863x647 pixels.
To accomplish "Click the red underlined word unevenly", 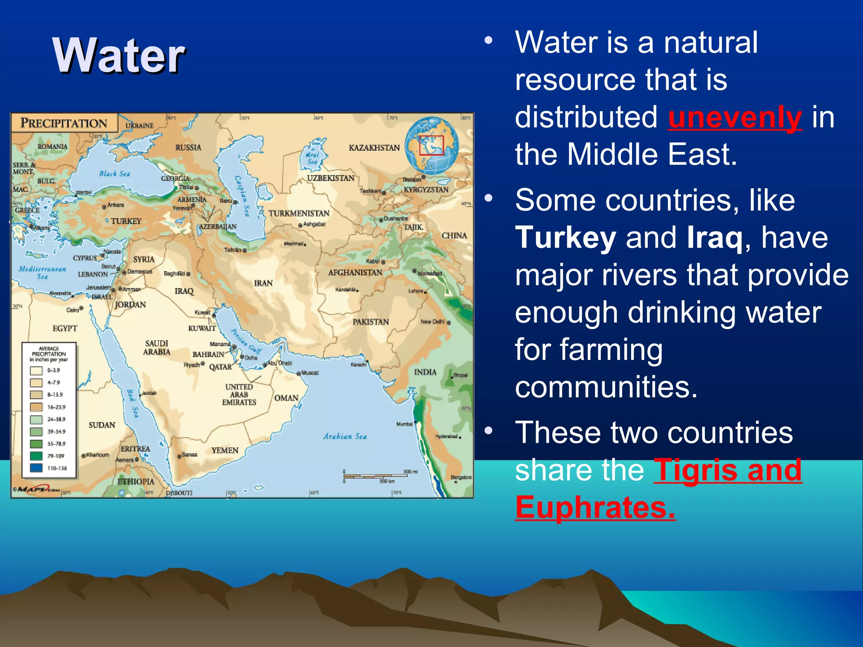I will [734, 118].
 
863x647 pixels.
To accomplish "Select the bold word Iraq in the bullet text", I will [714, 238].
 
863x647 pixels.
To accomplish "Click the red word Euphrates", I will [595, 508].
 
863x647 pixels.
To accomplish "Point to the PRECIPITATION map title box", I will [64, 123].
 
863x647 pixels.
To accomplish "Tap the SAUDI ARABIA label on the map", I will [156, 348].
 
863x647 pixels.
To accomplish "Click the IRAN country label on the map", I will [263, 283].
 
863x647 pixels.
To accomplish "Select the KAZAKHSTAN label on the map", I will [374, 148].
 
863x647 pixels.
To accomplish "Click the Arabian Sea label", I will [345, 436].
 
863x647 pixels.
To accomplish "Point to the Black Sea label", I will [114, 174].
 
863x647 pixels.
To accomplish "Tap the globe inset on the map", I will [431, 146].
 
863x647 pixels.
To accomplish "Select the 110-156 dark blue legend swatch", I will [36, 468].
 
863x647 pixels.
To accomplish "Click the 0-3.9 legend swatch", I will [36, 370].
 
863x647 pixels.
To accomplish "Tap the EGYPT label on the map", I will [65, 328].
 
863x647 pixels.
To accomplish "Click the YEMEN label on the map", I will [225, 450].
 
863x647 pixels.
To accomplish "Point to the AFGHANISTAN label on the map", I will [355, 273].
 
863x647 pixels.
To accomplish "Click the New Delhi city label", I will [432, 322].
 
